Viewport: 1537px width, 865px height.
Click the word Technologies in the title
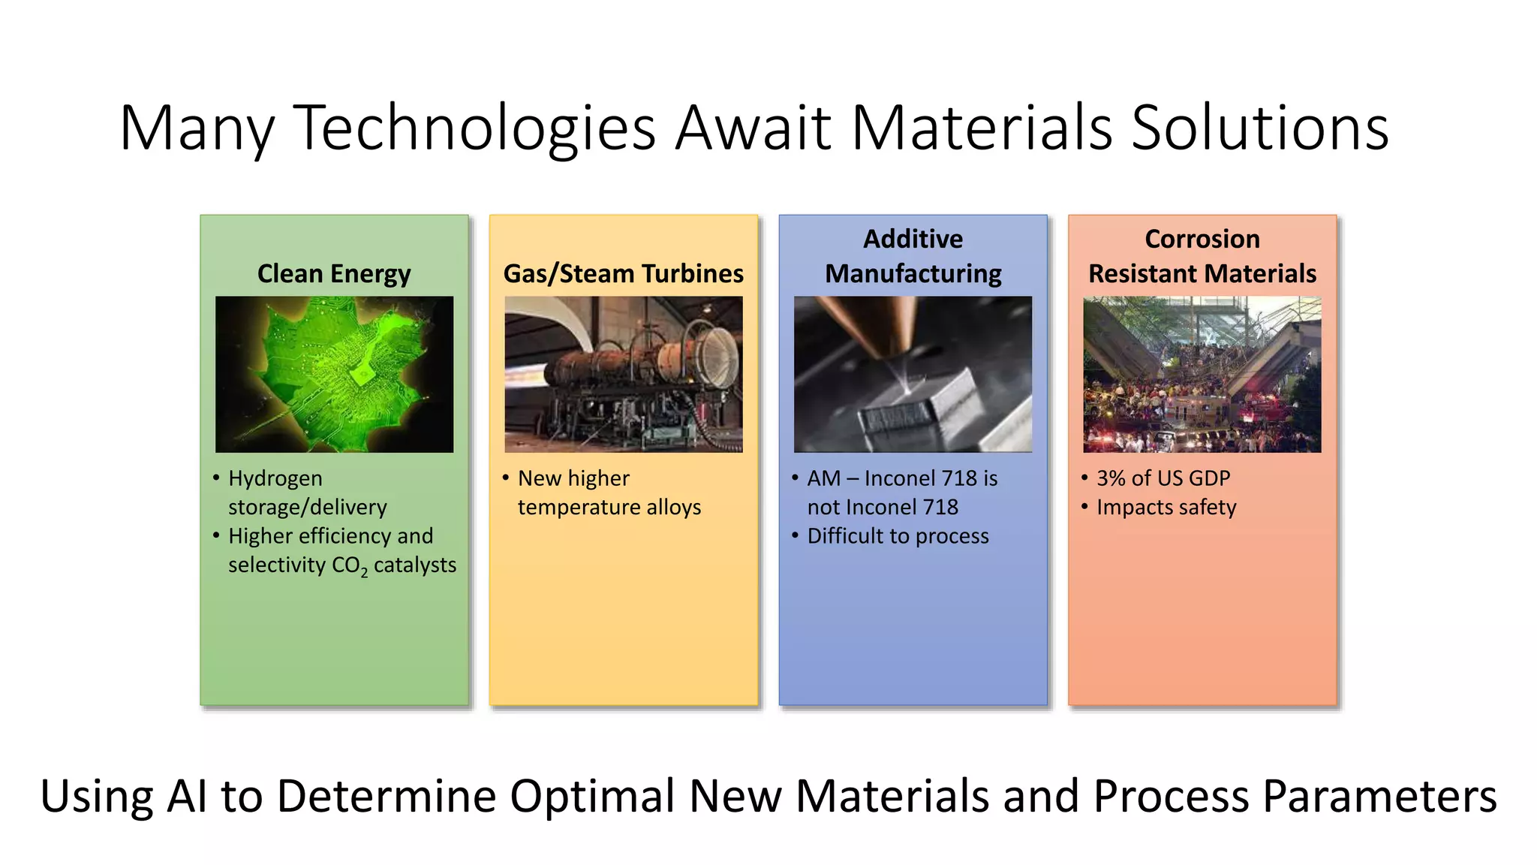point(474,128)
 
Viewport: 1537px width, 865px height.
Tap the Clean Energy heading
point(334,273)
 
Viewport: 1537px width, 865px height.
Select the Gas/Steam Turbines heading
point(623,273)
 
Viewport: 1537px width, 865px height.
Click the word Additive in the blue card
point(913,239)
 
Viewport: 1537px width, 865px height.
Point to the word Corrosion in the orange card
point(1202,239)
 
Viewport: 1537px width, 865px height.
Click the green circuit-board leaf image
point(334,374)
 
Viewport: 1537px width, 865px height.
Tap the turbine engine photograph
point(623,374)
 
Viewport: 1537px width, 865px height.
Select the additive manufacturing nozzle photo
point(913,374)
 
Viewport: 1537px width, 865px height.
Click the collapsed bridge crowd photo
point(1202,374)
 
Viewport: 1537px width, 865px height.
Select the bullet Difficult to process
point(898,536)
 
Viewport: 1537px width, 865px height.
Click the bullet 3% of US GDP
point(1163,478)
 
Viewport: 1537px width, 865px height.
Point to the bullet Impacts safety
point(1166,508)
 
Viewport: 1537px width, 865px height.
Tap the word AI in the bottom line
point(186,796)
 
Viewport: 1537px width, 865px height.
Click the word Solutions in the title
point(1259,128)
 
